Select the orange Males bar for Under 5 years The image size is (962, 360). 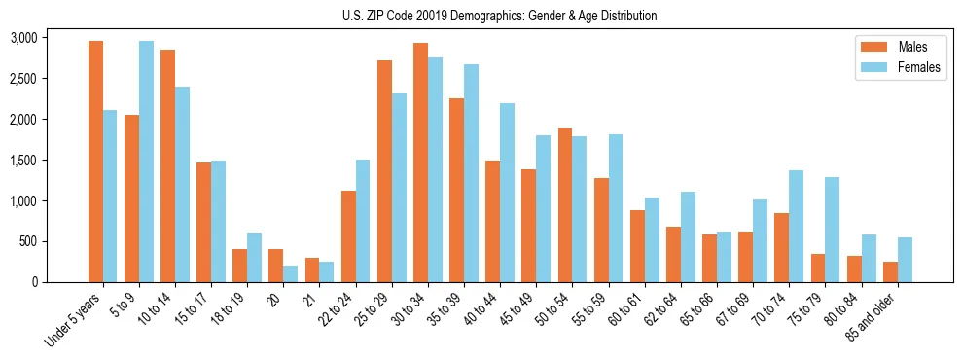coord(95,162)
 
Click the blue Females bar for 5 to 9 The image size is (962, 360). coord(146,162)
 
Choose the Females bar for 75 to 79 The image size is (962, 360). coord(832,230)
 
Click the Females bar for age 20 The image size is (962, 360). coord(291,273)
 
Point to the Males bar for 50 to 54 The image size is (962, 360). coord(565,205)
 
